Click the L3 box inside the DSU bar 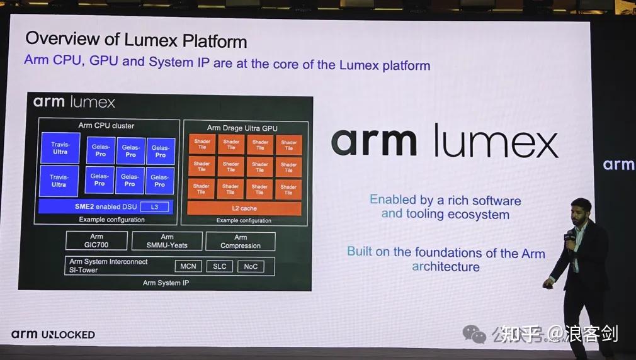tap(154, 206)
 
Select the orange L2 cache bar tap(244, 208)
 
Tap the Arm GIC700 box tap(97, 241)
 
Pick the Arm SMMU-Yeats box tap(167, 241)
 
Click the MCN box tap(188, 266)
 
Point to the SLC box tap(219, 266)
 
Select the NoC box tap(251, 266)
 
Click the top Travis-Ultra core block tap(60, 148)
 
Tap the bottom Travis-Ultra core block tap(59, 181)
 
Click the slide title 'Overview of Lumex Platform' tap(136, 40)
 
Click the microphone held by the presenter tap(571, 236)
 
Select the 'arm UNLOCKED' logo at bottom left tap(53, 334)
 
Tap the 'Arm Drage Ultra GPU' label tap(242, 128)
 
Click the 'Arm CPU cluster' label tap(106, 125)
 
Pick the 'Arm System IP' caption tap(166, 283)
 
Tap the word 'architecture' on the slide tap(446, 267)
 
